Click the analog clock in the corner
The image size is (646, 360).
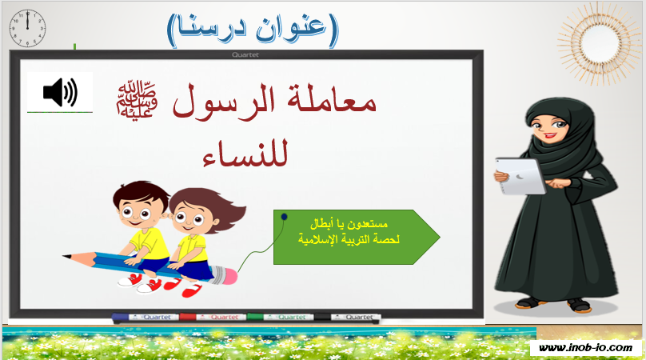[x=27, y=29]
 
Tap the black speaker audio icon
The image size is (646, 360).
[x=60, y=92]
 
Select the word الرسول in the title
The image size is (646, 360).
[x=223, y=102]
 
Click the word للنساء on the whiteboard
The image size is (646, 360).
[x=245, y=154]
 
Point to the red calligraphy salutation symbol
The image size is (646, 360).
[x=137, y=99]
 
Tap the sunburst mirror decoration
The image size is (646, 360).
[x=596, y=42]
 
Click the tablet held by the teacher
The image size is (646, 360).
[x=520, y=176]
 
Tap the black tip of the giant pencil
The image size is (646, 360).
[x=66, y=257]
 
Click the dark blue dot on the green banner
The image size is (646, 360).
[x=284, y=217]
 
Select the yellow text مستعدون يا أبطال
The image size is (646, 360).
[x=349, y=224]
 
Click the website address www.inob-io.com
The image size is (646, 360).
[x=585, y=348]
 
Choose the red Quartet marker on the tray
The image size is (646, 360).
[x=213, y=317]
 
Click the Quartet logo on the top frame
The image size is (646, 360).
[x=245, y=54]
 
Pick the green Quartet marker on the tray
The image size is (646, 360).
[x=280, y=317]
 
